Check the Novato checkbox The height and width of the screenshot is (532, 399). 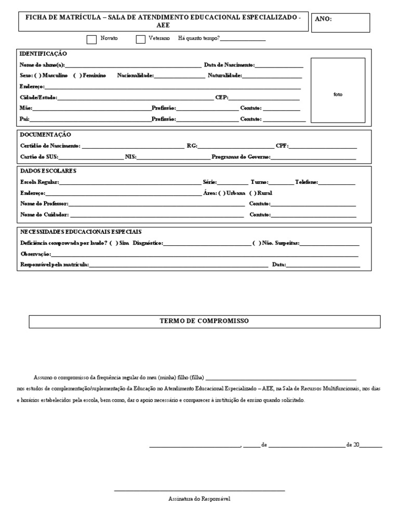click(91, 39)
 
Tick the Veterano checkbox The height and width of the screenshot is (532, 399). click(140, 39)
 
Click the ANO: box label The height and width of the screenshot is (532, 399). click(323, 19)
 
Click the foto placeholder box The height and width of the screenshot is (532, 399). click(338, 90)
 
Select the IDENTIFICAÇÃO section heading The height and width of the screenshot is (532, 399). click(43, 54)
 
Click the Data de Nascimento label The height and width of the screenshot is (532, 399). click(229, 65)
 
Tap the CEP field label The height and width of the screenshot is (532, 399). click(221, 97)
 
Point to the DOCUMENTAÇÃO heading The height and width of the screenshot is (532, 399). click(45, 135)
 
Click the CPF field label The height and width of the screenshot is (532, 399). click(282, 146)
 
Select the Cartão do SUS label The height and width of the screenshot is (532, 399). click(39, 156)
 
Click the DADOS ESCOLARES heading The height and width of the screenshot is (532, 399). click(48, 171)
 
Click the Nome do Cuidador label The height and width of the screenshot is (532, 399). click(44, 215)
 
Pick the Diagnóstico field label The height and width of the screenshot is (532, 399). click(148, 243)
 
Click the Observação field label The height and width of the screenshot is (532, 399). click(35, 254)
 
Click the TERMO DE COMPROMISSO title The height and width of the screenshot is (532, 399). click(204, 321)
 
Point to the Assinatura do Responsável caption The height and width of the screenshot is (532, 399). click(199, 499)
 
